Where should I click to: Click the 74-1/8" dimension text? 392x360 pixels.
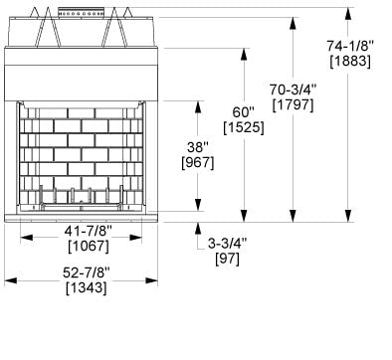(349, 45)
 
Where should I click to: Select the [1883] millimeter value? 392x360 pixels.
(349, 62)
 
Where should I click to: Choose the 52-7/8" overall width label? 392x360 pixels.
(83, 272)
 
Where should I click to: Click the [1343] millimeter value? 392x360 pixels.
(83, 288)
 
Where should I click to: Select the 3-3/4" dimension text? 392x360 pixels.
(228, 242)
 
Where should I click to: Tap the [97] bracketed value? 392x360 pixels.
(228, 258)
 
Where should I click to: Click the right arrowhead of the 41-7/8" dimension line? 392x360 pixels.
(139, 237)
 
